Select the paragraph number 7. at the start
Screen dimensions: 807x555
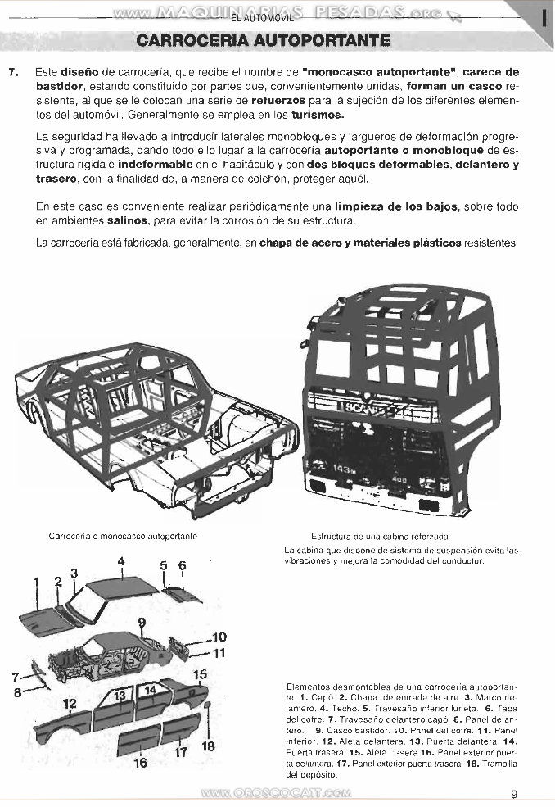13,72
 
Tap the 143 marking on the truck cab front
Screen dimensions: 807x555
342,470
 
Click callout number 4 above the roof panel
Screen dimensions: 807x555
120,561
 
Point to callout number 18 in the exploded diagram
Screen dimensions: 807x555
208,746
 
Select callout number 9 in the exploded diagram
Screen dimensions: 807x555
142,623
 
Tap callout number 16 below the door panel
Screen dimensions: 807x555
141,762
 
